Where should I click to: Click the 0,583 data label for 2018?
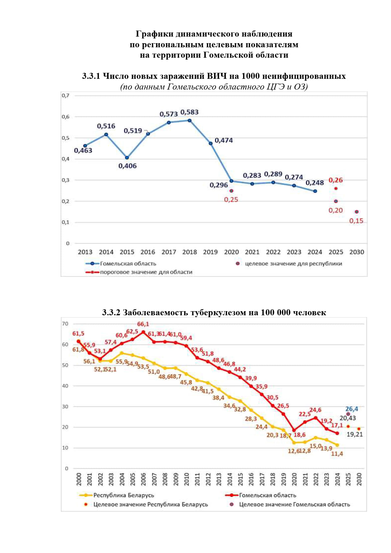(x=190, y=112)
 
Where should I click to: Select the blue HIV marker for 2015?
(x=127, y=158)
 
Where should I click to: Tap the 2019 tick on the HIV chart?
(x=210, y=252)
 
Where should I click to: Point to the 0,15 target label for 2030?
(x=356, y=221)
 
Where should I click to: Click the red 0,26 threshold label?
(x=336, y=180)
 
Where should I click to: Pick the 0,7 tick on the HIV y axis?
(x=65, y=96)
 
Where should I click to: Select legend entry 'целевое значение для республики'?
(x=293, y=264)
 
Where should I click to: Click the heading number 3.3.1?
(x=91, y=76)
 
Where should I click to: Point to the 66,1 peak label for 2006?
(x=143, y=324)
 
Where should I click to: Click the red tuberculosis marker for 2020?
(x=294, y=430)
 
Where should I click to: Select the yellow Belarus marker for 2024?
(x=337, y=445)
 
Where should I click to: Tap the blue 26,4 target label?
(x=352, y=409)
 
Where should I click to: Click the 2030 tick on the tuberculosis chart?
(x=359, y=479)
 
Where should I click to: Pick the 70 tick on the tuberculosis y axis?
(x=65, y=324)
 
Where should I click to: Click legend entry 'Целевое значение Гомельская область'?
(x=294, y=504)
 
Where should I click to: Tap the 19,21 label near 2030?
(x=355, y=434)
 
